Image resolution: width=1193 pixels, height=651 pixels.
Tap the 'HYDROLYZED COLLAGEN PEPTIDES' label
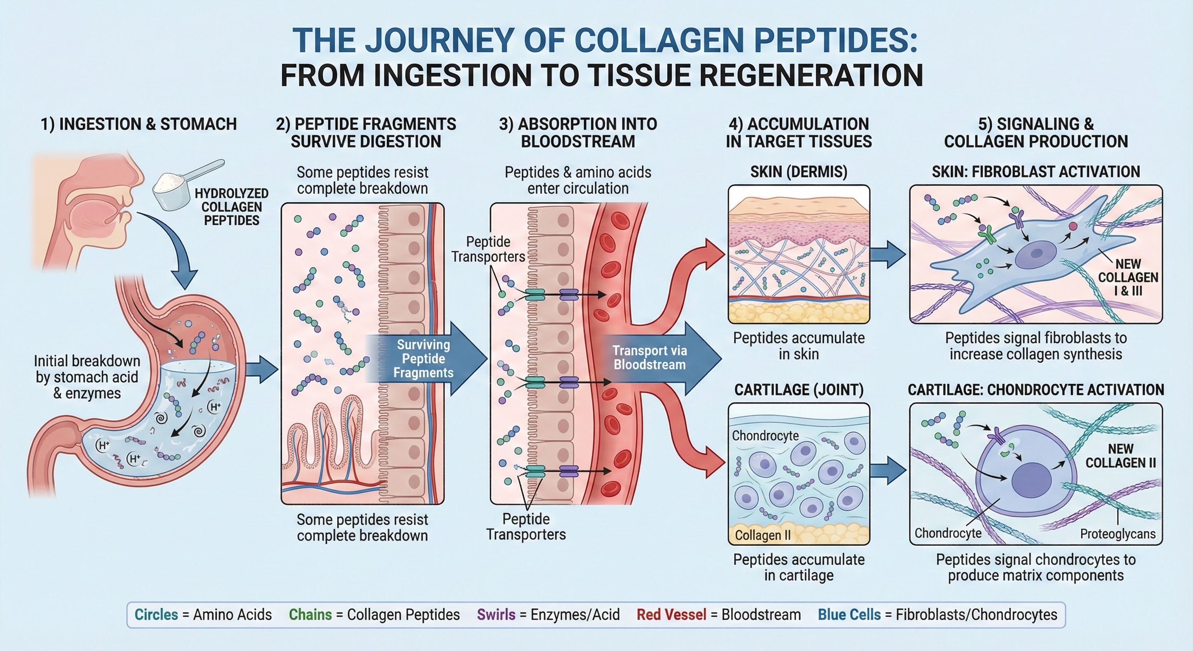232,207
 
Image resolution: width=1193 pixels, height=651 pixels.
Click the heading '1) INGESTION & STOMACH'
139,124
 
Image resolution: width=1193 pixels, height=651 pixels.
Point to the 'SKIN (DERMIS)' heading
799,172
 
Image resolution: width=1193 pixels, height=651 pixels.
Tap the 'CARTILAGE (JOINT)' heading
799,389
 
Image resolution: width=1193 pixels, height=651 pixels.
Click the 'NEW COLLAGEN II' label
1120,456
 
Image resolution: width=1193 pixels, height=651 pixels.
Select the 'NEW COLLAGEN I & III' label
1128,277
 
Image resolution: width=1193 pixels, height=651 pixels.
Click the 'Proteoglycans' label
1118,534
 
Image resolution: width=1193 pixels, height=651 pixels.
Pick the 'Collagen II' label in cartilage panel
763,535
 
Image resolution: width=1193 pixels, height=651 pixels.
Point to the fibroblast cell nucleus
1035,254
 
